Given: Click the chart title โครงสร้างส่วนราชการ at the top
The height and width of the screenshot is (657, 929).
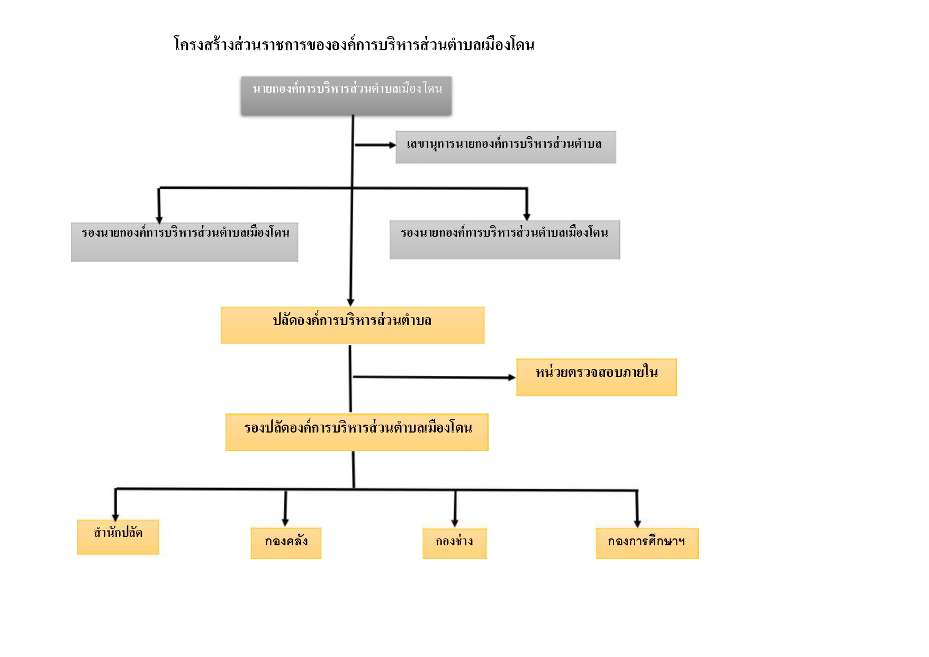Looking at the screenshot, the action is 354,44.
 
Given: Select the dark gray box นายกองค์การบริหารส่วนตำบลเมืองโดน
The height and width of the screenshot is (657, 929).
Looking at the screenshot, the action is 346,96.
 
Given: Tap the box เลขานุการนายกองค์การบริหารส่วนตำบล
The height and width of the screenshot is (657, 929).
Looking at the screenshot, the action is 506,147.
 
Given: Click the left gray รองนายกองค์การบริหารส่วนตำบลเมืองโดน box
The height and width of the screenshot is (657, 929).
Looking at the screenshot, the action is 185,242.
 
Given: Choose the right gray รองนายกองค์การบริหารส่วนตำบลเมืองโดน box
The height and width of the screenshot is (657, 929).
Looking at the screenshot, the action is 505,240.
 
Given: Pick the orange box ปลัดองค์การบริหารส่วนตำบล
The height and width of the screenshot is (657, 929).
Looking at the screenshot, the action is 353,325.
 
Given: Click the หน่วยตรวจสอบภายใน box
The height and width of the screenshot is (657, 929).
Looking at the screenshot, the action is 597,377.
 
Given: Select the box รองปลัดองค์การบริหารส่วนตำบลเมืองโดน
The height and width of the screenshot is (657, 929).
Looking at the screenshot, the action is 357,432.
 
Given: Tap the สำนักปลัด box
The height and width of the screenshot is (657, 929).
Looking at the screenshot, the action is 118,537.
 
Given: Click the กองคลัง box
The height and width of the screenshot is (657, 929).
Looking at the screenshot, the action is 286,543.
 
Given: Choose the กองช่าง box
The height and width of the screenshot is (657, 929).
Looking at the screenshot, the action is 455,543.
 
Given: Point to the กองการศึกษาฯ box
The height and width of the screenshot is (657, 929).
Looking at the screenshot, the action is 647,543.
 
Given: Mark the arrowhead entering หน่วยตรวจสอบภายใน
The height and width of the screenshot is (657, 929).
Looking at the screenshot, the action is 512,377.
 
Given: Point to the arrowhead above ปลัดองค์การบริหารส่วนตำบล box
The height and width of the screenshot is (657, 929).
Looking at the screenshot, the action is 350,302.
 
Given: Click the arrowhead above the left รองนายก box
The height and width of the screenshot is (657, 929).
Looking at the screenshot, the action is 159,220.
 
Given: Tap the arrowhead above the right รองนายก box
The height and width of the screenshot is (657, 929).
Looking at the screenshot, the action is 527,217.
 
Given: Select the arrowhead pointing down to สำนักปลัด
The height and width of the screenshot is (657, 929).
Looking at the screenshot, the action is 115,518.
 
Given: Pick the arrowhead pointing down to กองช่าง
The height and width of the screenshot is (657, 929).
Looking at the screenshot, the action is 455,523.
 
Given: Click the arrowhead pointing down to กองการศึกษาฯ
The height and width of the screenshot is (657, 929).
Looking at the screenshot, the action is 637,524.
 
